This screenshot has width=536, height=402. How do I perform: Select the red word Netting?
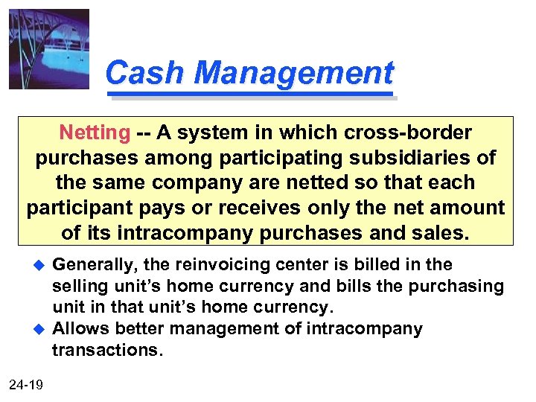point(95,133)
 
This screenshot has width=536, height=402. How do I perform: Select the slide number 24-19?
point(27,384)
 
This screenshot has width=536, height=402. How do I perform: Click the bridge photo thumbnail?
point(48,49)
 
